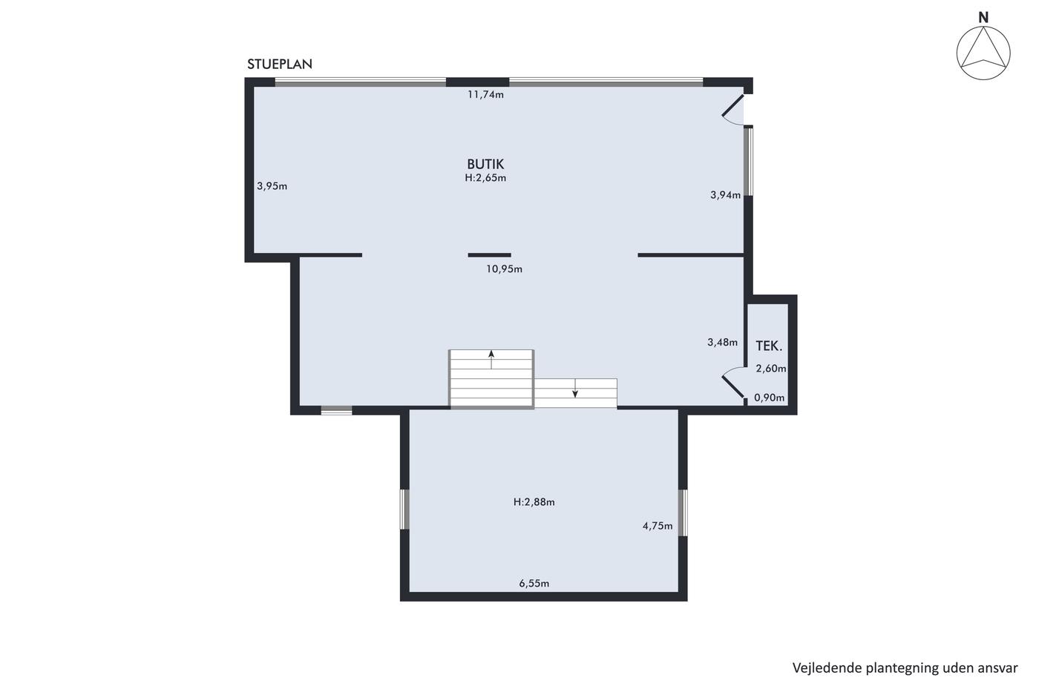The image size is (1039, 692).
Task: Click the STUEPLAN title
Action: pyautogui.click(x=280, y=64)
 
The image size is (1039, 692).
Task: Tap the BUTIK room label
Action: pyautogui.click(x=485, y=164)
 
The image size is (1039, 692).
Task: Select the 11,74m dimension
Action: pyautogui.click(x=485, y=94)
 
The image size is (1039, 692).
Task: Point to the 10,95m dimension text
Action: pyautogui.click(x=504, y=268)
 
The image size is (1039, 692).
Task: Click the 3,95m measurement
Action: pyautogui.click(x=272, y=186)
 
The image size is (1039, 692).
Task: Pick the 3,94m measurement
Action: pyautogui.click(x=726, y=195)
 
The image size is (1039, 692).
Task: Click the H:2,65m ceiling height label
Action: pyautogui.click(x=485, y=177)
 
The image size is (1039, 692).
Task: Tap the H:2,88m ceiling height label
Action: pyautogui.click(x=534, y=502)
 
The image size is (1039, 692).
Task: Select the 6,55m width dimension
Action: pyautogui.click(x=534, y=584)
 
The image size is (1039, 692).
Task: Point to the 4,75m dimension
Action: pyautogui.click(x=658, y=526)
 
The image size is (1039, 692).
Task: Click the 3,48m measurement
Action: pyautogui.click(x=722, y=343)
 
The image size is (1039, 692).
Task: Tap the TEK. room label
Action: pyautogui.click(x=769, y=346)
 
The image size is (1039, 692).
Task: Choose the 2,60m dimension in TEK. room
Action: pyautogui.click(x=771, y=369)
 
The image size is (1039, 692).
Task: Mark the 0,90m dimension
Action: pyautogui.click(x=769, y=398)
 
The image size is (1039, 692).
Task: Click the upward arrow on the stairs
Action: pyautogui.click(x=491, y=360)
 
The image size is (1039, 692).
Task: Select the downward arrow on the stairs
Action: pyautogui.click(x=575, y=389)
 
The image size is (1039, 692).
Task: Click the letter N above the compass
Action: pyautogui.click(x=983, y=18)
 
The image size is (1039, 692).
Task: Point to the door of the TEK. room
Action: pyautogui.click(x=733, y=387)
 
